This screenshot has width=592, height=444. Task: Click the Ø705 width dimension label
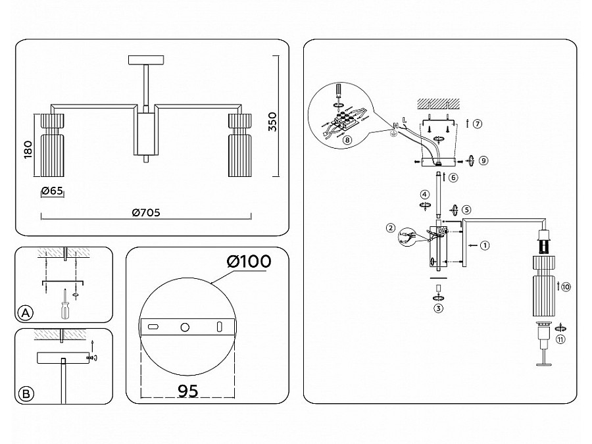coord(146,212)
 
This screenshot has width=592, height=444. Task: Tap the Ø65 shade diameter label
coord(51,191)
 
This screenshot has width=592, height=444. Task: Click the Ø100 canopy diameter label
coord(249,260)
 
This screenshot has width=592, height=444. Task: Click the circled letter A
coord(26,312)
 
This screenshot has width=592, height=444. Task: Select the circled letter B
coord(26,394)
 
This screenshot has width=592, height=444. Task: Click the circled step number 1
coord(485,246)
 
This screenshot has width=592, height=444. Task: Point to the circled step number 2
coord(391,228)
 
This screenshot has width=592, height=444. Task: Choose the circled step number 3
coord(438,306)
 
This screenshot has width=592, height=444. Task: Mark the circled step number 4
coord(425,195)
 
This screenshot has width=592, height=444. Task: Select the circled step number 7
coord(478,123)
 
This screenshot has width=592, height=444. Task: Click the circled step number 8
coord(347,139)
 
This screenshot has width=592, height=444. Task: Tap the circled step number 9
coord(483,160)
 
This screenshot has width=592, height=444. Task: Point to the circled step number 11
coord(560,339)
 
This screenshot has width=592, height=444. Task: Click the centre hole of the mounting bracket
coord(185,327)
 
